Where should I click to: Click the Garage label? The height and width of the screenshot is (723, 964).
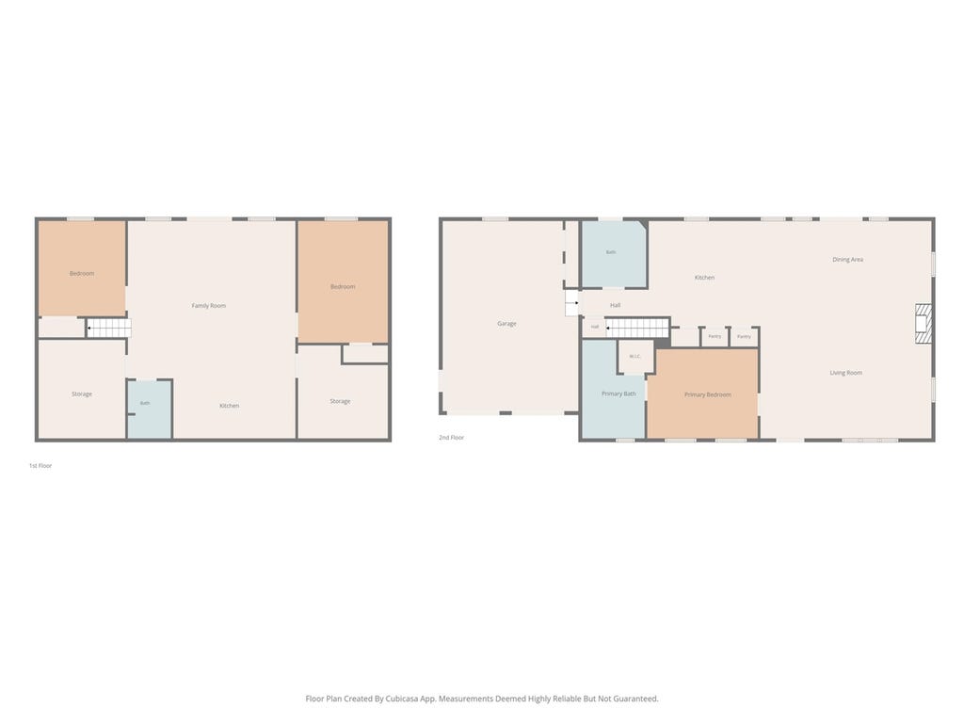pos(506,324)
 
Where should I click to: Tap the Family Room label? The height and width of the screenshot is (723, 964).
pos(208,306)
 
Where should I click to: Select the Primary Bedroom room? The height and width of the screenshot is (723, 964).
pos(707,394)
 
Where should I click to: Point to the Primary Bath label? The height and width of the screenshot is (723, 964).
pos(619,394)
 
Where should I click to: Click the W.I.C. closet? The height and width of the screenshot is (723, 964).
pos(635,356)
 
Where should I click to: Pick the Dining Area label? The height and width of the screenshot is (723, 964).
pos(848,260)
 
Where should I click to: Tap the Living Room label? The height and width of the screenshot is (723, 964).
pos(846,373)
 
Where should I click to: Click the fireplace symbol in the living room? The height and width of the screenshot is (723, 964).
pos(924,324)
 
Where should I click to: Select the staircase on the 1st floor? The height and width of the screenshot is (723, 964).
pos(109,329)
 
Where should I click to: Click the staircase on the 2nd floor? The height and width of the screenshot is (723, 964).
pos(637,328)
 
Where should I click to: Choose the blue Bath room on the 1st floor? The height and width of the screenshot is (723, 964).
pos(150,410)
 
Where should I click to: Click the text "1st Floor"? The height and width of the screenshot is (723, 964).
pos(40,466)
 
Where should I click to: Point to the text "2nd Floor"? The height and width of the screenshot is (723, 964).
pos(451,438)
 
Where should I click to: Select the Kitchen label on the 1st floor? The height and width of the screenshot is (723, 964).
pos(230,406)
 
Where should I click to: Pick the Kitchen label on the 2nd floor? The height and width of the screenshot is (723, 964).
pos(704,278)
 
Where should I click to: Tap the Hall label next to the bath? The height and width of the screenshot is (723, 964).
pos(616,305)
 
